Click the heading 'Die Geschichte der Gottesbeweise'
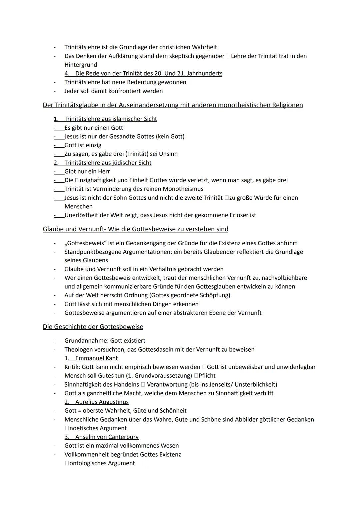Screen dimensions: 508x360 [93, 327]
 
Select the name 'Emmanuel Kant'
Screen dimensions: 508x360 [96, 358]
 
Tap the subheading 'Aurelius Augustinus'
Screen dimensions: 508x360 [102, 402]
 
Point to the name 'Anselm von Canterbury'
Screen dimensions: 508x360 [107, 437]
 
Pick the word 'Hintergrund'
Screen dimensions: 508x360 [81, 65]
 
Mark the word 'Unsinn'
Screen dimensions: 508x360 [168, 154]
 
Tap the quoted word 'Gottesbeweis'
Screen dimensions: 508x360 [85, 243]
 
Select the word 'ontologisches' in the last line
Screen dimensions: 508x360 [88, 463]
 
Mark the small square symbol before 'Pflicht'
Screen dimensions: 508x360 [196, 376]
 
